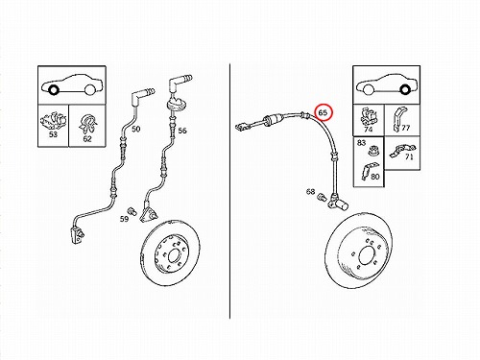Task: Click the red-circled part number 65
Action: click(x=323, y=112)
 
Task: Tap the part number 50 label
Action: click(x=136, y=129)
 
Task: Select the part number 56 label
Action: click(x=182, y=131)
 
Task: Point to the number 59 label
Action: click(x=124, y=219)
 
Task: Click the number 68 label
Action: click(x=310, y=191)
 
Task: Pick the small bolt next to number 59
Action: click(x=132, y=211)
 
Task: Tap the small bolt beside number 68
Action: click(x=321, y=197)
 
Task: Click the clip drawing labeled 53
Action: click(x=53, y=121)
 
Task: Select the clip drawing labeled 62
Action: click(x=87, y=124)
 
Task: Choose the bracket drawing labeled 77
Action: click(x=398, y=120)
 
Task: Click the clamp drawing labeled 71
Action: click(x=402, y=151)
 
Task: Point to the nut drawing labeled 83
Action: click(x=372, y=150)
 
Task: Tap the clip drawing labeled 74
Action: click(x=368, y=116)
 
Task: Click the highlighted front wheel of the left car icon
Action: click(x=53, y=90)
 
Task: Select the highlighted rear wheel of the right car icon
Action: click(x=405, y=90)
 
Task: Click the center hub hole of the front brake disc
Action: click(x=174, y=255)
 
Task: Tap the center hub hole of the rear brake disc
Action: click(x=366, y=255)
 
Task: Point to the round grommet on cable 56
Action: click(x=177, y=105)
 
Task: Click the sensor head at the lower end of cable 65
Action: click(x=338, y=203)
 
